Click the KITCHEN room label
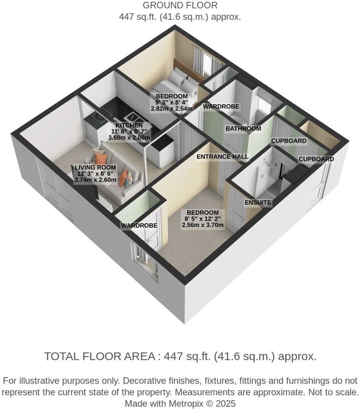126,125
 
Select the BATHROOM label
243,129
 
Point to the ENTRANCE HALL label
222,157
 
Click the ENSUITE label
258,202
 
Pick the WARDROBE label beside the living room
139,226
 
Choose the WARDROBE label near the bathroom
221,106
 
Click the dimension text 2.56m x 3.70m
203,225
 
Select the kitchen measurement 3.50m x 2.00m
129,138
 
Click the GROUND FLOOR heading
180,6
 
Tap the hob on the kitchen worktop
97,117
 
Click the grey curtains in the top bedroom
198,60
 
